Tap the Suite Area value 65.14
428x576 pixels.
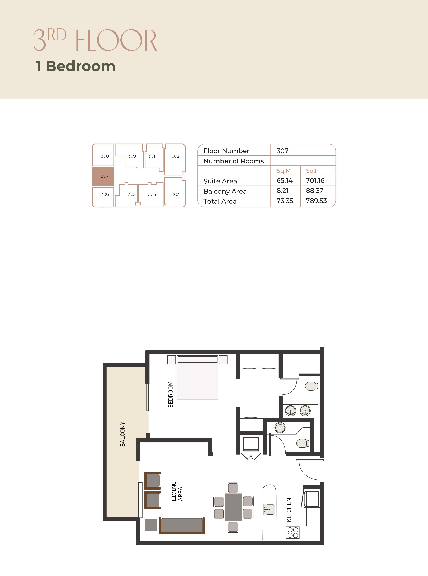tap(284, 181)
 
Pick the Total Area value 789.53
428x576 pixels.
tap(316, 201)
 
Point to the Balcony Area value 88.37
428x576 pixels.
tap(314, 191)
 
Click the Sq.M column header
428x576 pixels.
tap(284, 171)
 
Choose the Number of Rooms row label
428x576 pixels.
tap(234, 161)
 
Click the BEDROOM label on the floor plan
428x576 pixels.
tap(171, 394)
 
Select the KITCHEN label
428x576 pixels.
tap(289, 510)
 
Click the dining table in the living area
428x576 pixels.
tap(233, 507)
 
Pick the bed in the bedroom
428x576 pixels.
tap(197, 377)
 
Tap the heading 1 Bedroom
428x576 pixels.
tap(75, 66)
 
